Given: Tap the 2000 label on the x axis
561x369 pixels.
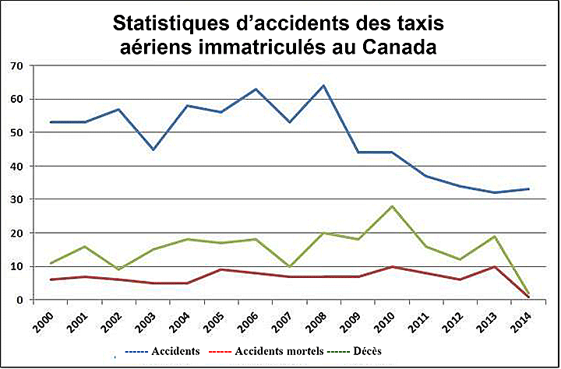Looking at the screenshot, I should [44, 321].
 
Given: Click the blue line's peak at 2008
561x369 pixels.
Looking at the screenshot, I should [323, 86].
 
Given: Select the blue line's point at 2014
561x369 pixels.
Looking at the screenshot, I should [530, 189].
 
